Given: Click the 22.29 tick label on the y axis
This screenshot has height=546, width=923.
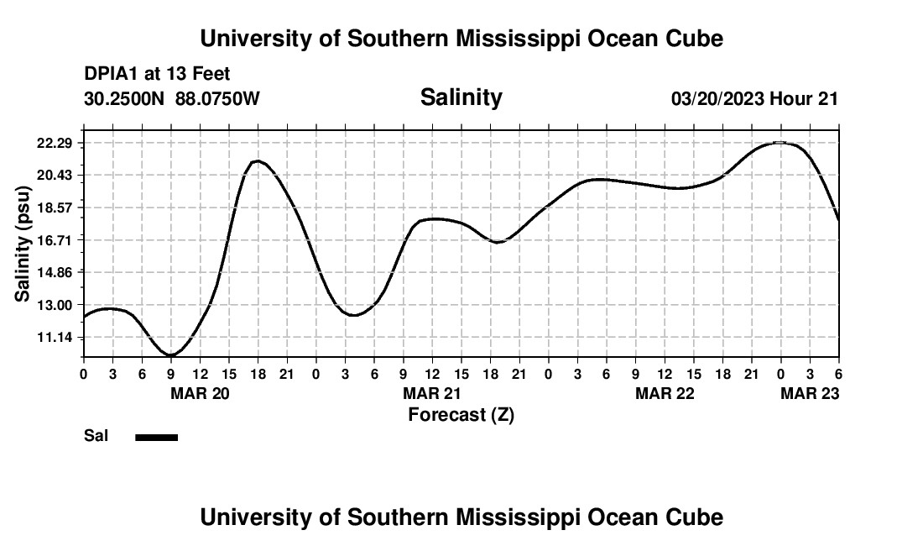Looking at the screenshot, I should (x=55, y=143).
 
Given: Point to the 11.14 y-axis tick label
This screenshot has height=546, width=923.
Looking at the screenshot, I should (x=55, y=337).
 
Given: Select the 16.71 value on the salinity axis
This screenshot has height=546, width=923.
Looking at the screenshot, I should (x=55, y=240).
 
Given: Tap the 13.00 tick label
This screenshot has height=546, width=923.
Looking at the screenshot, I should (x=55, y=305).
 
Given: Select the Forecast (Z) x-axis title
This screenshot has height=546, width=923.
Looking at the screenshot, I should (x=461, y=414).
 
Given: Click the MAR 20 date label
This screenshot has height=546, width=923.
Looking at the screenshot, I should (x=200, y=393).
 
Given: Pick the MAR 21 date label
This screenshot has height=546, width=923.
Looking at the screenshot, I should (x=432, y=393).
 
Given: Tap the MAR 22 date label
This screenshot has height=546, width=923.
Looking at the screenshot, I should (x=665, y=393).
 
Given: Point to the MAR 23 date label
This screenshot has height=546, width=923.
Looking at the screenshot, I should (x=810, y=393).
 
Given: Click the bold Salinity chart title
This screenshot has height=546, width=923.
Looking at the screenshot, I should (x=461, y=97).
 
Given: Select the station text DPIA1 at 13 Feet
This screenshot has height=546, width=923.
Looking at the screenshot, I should (x=157, y=75).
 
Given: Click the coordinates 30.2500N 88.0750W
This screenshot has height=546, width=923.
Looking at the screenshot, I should (x=172, y=99).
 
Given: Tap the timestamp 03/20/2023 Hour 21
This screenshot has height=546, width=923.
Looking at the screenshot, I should (x=754, y=99).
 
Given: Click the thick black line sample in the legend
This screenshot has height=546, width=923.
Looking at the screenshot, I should (x=157, y=437).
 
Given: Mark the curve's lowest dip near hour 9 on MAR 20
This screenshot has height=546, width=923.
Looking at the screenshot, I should (x=171, y=355).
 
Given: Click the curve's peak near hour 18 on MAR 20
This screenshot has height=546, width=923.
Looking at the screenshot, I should (x=257, y=160).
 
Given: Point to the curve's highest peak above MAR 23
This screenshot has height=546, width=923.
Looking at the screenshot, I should (x=780, y=143).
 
